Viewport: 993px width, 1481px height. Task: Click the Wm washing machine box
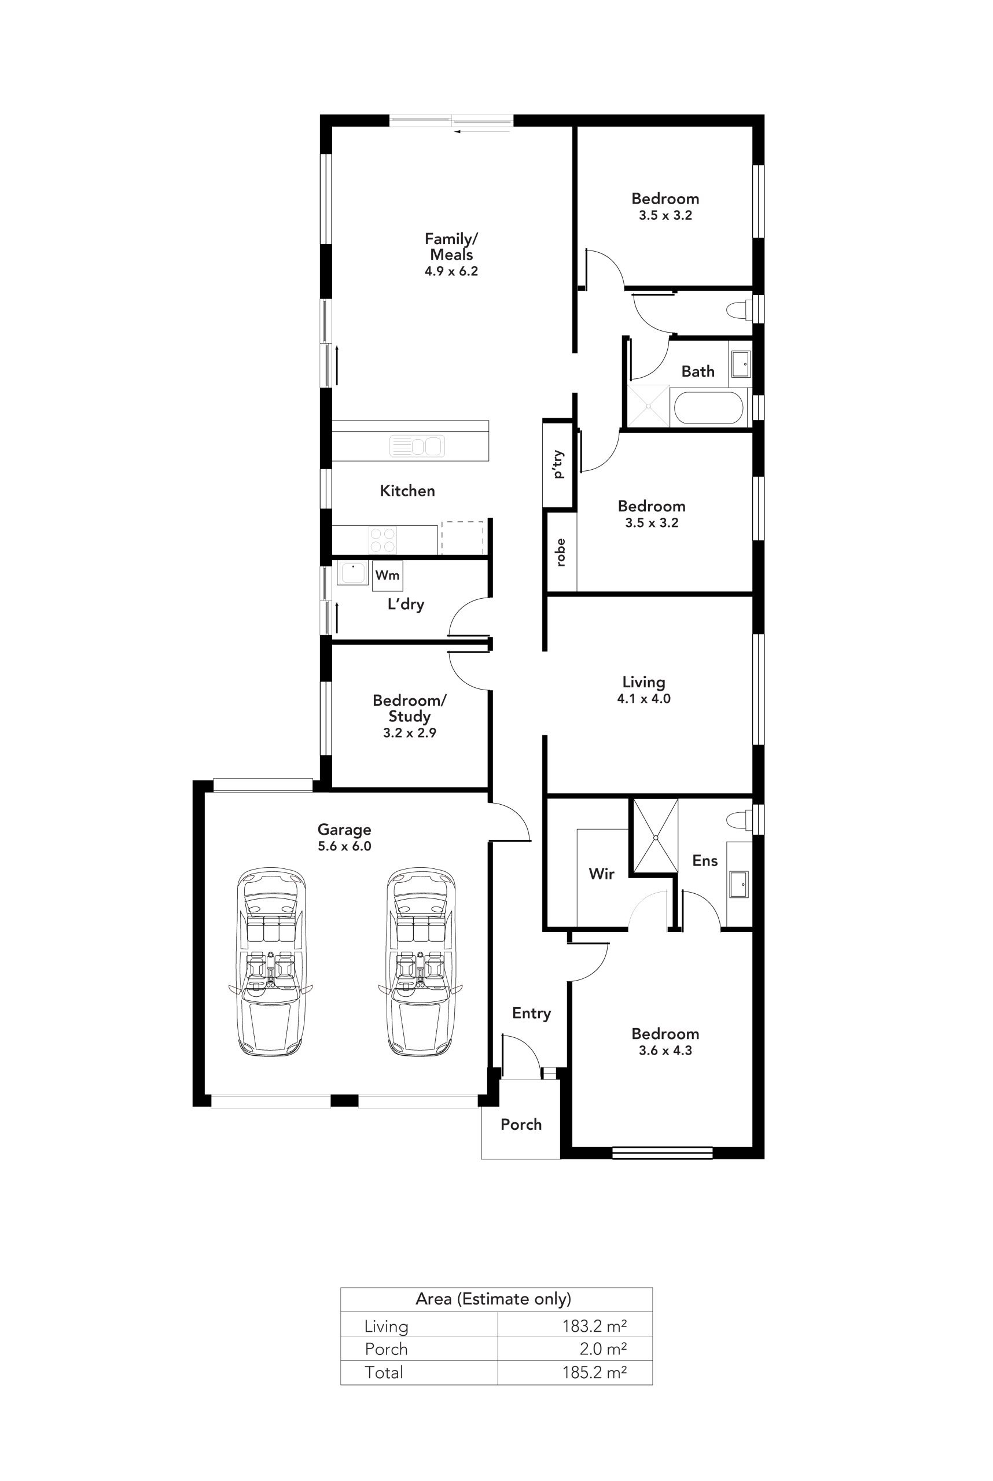pos(387,575)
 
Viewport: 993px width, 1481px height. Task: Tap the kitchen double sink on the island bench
pos(417,446)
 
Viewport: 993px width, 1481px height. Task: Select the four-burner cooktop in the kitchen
pos(383,540)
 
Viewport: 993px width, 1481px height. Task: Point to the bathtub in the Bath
pos(708,408)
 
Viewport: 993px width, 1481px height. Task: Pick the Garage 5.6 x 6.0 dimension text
pos(344,846)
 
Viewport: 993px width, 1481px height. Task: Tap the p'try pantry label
pos(558,465)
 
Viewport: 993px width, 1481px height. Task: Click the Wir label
pos(602,874)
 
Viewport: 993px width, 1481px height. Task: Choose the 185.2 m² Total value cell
pos(595,1372)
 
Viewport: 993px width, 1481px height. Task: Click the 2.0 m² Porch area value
pos(603,1349)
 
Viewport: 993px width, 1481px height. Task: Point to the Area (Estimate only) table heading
pos(494,1299)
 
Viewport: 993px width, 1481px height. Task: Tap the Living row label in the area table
pos(385,1326)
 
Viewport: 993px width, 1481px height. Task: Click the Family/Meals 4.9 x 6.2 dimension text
pos(451,271)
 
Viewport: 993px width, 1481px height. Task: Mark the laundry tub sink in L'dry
pos(353,573)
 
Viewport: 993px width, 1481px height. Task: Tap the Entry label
pos(531,1014)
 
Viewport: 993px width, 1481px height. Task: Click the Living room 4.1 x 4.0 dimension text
pos(644,698)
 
